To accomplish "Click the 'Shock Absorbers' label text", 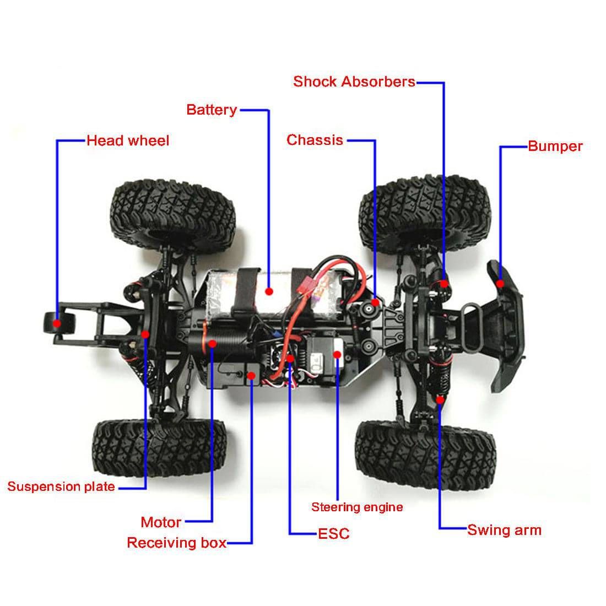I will point(354,82).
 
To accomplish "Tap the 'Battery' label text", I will point(212,110).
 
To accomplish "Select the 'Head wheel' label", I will point(128,140).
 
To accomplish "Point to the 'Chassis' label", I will point(315,140).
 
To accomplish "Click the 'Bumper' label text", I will point(555,146).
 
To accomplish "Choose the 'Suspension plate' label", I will point(61,486).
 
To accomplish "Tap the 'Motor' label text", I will point(161,522).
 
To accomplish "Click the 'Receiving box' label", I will point(176,543).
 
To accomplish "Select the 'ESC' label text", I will point(334,533).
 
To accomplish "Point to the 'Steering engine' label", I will point(357,507).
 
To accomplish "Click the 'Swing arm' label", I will point(504,530).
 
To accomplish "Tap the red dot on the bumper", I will point(500,284).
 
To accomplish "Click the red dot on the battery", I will point(269,290).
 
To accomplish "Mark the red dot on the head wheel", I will point(57,322).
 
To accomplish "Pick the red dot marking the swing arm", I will point(440,399).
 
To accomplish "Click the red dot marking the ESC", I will point(290,359).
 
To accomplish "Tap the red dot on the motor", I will point(212,343).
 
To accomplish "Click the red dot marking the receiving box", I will point(251,376).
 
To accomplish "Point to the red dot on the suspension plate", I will point(145,334).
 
